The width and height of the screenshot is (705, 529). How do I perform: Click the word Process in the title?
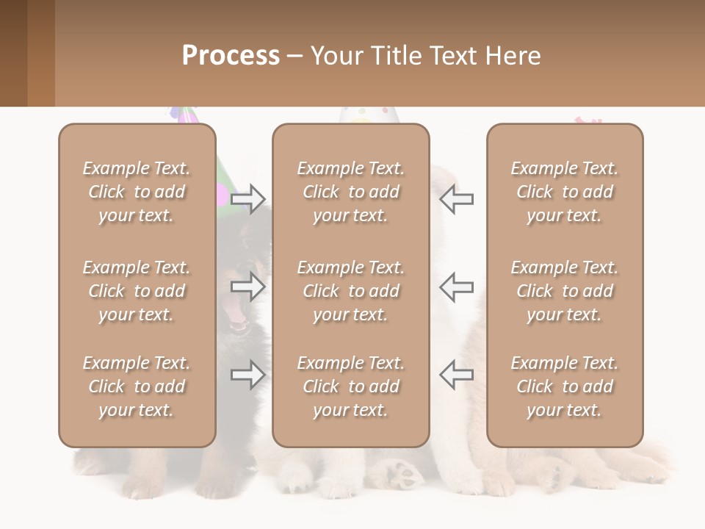[x=231, y=56]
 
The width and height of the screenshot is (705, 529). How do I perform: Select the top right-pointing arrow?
[x=248, y=198]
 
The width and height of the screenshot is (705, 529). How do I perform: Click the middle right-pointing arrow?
[x=248, y=287]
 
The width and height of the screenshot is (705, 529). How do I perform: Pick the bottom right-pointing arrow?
[x=248, y=375]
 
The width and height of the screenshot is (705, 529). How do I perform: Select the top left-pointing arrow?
[x=456, y=198]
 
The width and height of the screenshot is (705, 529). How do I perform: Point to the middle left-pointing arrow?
[x=456, y=287]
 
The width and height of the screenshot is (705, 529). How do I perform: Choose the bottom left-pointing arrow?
[x=456, y=375]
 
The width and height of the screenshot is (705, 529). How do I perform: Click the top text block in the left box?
[x=137, y=192]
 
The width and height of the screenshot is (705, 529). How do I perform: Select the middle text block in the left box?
[x=137, y=291]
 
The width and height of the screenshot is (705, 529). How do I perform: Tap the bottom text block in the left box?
[x=137, y=386]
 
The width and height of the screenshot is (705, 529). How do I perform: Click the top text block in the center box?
[x=350, y=192]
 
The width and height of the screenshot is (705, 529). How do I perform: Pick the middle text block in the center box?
[x=350, y=291]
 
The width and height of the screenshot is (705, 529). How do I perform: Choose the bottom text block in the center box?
[x=350, y=386]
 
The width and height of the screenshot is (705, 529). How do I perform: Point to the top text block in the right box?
[x=564, y=192]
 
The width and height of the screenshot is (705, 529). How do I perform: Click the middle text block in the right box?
[x=564, y=291]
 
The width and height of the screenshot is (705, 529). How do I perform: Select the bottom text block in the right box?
[x=564, y=386]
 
